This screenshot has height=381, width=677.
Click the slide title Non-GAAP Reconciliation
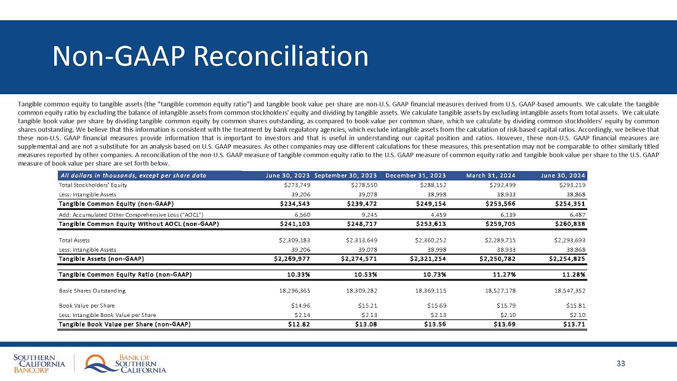coord(210,57)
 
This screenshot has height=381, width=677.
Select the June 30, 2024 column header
coord(563,175)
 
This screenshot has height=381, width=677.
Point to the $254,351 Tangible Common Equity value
coord(571,203)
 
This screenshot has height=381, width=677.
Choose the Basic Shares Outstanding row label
coord(92,290)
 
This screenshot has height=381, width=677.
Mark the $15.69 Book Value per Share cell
coord(438,305)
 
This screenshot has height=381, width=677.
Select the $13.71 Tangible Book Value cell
coord(575,324)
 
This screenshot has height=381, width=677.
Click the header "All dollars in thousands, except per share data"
coord(132,175)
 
